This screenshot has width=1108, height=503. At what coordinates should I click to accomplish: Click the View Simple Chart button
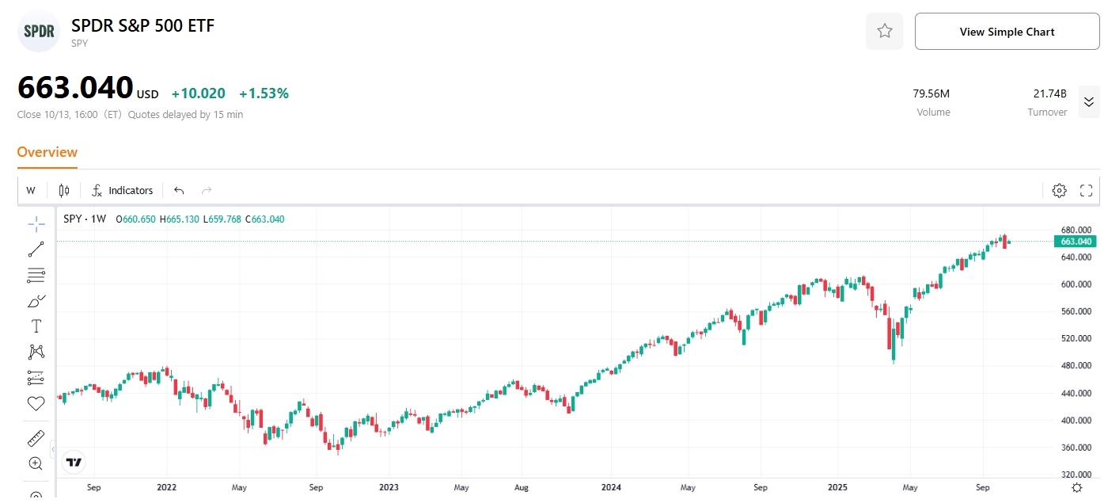click(1007, 32)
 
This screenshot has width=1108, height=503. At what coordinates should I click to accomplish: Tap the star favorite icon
click(884, 32)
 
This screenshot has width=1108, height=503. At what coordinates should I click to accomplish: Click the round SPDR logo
click(39, 32)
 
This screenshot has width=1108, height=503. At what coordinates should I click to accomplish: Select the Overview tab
click(47, 152)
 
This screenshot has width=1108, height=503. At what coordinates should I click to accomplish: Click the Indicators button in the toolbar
click(123, 190)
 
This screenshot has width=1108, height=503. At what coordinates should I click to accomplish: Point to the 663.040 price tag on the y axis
click(1076, 242)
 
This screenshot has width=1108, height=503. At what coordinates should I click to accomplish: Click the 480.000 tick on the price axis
click(1076, 366)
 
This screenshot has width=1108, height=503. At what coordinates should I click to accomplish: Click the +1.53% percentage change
click(264, 93)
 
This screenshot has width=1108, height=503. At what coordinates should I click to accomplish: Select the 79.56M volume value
click(932, 93)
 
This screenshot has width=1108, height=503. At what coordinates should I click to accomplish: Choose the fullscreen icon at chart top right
click(1086, 190)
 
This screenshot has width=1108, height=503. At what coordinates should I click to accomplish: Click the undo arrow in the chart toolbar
click(179, 190)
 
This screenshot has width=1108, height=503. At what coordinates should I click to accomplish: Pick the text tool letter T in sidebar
click(36, 326)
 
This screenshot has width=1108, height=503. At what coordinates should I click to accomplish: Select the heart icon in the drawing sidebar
click(36, 403)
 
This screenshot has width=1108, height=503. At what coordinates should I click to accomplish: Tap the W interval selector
click(31, 190)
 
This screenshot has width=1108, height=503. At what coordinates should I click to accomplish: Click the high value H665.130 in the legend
click(179, 219)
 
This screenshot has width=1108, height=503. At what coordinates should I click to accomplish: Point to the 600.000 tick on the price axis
click(1076, 284)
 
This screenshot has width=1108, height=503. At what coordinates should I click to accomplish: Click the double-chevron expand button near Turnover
click(1088, 101)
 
